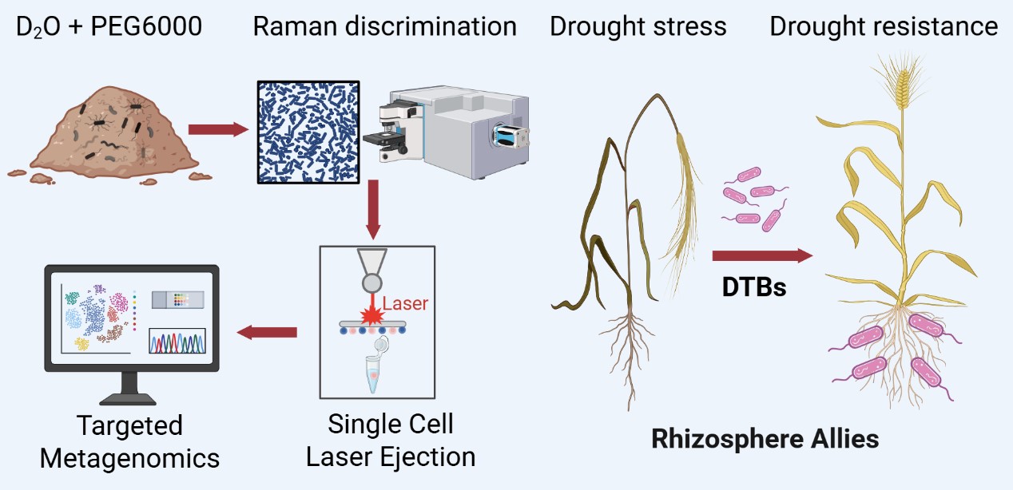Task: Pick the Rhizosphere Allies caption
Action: point(765,438)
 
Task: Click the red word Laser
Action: point(405,303)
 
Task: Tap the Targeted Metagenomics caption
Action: point(129,442)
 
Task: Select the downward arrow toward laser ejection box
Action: point(371,212)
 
